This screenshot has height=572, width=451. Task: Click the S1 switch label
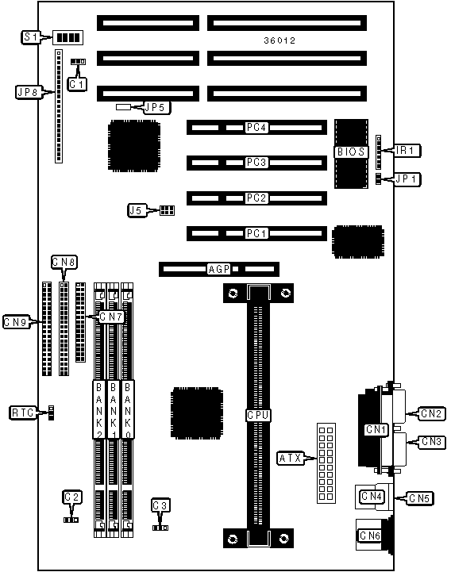click(31, 37)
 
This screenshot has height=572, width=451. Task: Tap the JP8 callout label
click(29, 91)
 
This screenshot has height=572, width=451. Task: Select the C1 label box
click(77, 84)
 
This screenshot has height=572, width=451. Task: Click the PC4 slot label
click(256, 127)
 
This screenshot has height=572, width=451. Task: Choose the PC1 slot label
click(256, 233)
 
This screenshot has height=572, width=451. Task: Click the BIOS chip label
click(351, 152)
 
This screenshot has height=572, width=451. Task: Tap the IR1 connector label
click(407, 150)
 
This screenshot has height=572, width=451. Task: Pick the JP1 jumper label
click(407, 179)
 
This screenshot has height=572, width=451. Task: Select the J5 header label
click(137, 210)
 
